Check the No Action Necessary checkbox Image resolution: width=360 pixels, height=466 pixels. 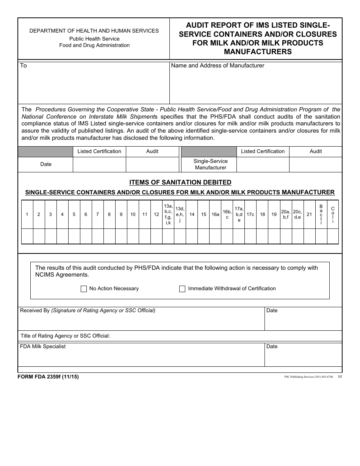[84, 289]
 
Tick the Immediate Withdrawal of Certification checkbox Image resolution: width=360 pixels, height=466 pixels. [182, 289]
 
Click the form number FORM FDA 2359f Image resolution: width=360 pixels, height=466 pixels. [48, 377]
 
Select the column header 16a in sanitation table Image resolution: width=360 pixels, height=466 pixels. [215, 214]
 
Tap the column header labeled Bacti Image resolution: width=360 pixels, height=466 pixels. [321, 214]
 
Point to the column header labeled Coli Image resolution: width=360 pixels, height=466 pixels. [333, 214]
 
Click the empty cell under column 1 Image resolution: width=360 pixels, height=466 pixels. [27, 236]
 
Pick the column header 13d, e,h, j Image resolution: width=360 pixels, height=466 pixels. [180, 214]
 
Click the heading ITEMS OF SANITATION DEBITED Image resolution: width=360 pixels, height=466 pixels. [180, 182]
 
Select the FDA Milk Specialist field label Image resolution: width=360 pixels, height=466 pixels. [43, 346]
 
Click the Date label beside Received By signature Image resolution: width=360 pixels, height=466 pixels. [272, 310]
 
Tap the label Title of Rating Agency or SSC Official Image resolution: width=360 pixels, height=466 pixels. [65, 336]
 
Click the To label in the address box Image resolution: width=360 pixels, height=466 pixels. [23, 66]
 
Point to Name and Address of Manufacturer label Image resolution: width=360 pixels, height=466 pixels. [218, 66]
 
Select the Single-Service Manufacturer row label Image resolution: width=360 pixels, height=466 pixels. [210, 164]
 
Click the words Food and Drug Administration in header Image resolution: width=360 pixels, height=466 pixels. [94, 45]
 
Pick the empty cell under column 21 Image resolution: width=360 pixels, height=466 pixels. [309, 236]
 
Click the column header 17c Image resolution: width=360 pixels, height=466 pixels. [250, 214]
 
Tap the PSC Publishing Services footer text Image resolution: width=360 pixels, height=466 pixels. [308, 377]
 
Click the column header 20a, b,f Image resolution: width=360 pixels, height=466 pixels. [286, 214]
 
